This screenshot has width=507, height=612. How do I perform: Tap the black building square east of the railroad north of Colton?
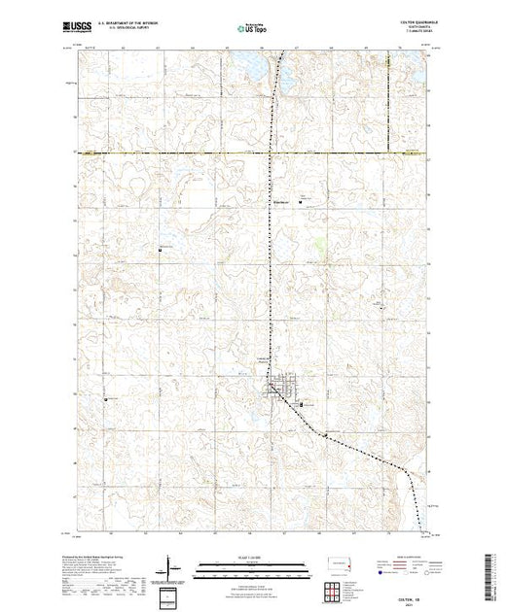(300, 202)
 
